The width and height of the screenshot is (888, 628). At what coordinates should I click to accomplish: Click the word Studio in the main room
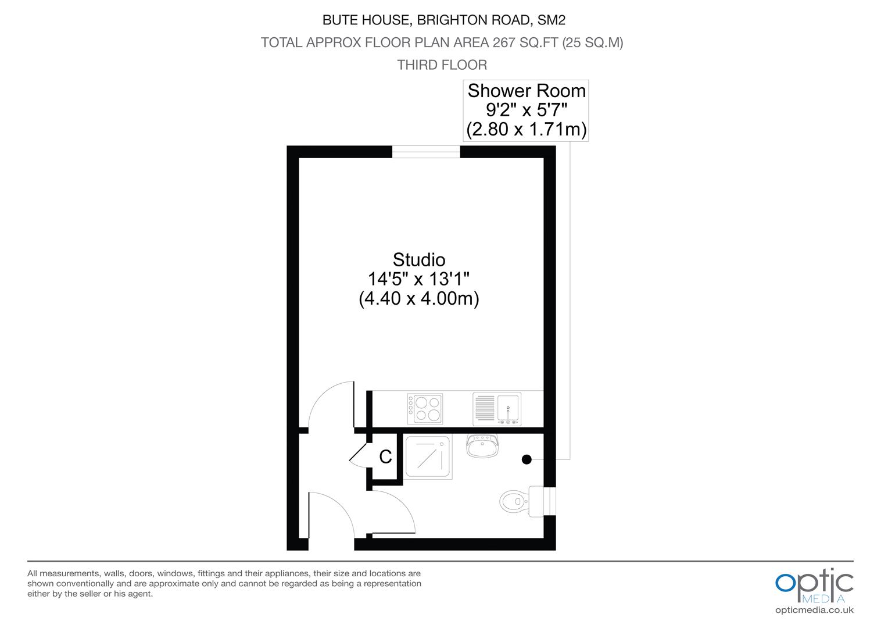tap(418, 259)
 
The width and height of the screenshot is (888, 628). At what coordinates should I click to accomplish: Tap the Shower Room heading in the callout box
tap(527, 91)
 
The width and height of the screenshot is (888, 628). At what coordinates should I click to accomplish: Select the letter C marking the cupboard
tap(385, 457)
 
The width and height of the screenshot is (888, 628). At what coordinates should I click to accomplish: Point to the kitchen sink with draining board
tap(497, 409)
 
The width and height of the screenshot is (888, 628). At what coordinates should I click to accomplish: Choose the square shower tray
tap(428, 457)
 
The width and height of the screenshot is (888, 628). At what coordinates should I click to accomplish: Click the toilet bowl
tap(511, 499)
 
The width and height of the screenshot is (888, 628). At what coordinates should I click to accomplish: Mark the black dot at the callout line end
tap(527, 459)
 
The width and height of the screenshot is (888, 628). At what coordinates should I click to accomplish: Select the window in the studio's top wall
tap(426, 152)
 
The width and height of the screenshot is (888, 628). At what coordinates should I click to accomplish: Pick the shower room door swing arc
tap(395, 506)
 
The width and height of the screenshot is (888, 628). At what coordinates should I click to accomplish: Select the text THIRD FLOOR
tap(442, 65)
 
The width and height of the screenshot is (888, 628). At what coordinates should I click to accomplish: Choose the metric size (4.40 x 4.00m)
tap(418, 299)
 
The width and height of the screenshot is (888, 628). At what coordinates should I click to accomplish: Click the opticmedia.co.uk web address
tap(814, 610)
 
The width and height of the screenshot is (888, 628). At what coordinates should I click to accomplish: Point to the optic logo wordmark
tap(814, 581)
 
